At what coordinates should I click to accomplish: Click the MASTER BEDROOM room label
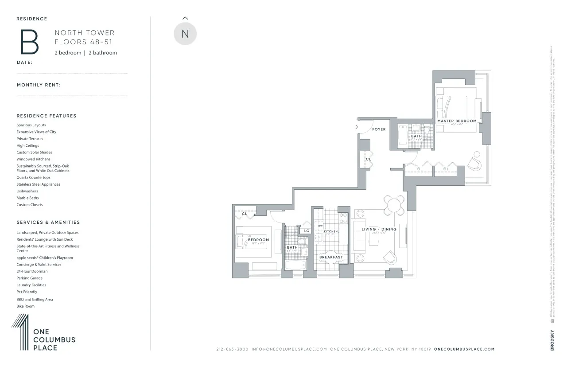[x=457, y=121]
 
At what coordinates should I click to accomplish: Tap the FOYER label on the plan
[x=379, y=129]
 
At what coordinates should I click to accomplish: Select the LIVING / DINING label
[x=379, y=229]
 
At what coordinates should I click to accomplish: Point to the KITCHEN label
[x=330, y=231]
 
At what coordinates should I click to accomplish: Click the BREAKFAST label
[x=331, y=257]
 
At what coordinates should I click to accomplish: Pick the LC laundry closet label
[x=307, y=230]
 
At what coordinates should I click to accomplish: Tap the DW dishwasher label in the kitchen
[x=320, y=226]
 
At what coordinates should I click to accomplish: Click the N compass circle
[x=185, y=34]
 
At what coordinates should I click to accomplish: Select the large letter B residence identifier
[x=29, y=42]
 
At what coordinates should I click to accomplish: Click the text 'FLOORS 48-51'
[x=83, y=42]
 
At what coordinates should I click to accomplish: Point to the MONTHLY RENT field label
[x=39, y=85]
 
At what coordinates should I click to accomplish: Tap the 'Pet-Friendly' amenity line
[x=27, y=292]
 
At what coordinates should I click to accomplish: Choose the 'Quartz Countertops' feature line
[x=34, y=177]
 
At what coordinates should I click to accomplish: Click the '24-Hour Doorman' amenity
[x=32, y=271]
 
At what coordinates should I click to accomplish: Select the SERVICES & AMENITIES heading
[x=48, y=222]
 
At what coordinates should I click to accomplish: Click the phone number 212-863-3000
[x=232, y=349]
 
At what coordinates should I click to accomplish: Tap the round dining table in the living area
[x=393, y=205]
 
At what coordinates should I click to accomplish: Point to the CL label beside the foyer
[x=369, y=159]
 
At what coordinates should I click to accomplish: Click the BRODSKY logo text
[x=552, y=340]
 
